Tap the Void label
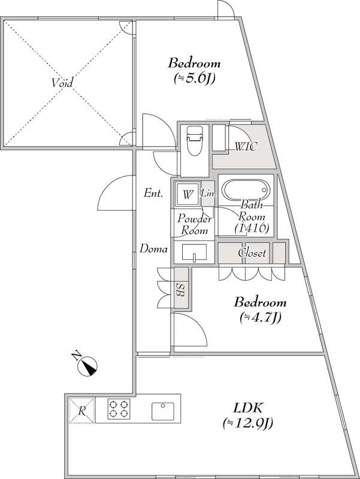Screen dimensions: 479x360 [x=61, y=83]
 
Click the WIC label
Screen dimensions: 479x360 [x=246, y=147]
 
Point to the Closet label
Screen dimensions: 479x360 [x=252, y=253]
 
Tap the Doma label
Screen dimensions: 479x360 [x=153, y=248]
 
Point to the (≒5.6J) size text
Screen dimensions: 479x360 [x=194, y=78]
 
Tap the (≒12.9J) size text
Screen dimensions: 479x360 [x=247, y=424]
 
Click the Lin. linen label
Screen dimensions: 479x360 [x=208, y=193]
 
